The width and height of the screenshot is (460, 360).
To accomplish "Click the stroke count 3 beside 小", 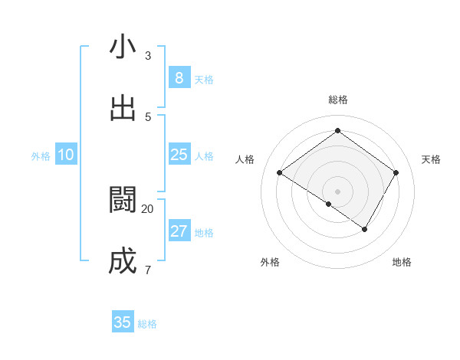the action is point(148,55).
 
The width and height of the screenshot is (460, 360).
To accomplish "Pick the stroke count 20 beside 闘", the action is point(148,208).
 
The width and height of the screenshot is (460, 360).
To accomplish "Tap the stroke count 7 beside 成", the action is point(148,270).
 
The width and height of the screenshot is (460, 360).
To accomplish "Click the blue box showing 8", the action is point(179,78).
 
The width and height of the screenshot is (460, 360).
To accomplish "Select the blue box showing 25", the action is point(179,155).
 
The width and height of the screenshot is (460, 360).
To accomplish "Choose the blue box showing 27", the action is point(179,231).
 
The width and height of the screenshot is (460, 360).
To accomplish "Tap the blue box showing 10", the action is point(66,155).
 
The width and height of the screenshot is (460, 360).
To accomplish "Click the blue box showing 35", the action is point(123,322).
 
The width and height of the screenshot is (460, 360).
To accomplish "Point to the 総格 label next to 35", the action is point(147,324).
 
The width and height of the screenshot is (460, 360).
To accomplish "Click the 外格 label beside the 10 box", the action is point(41,156).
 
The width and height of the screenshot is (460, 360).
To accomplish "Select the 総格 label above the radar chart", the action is point(338,100).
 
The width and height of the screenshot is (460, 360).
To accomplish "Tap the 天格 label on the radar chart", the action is point(432,159).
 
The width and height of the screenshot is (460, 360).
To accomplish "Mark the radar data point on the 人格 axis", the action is point(280,173).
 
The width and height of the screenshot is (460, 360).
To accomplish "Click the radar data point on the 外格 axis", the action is point(329,205).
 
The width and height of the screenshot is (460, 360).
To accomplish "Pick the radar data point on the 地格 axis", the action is point(365,229).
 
